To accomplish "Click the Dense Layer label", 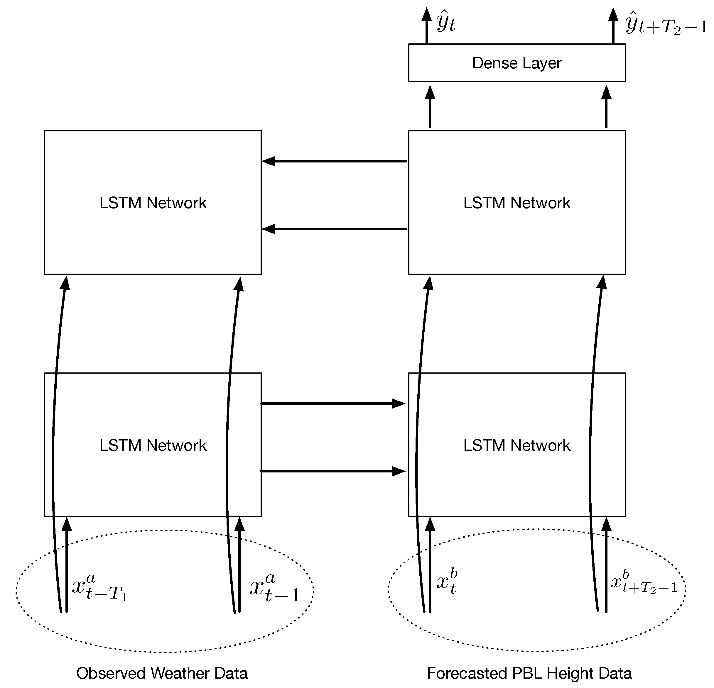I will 516,63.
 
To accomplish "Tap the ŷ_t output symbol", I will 446,23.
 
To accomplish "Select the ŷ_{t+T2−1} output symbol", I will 665,24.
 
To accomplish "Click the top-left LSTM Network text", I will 153,203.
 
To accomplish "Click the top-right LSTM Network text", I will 516,203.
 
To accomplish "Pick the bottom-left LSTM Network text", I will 153,445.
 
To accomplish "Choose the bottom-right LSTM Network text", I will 516,445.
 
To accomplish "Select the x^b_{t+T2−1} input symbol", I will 644,582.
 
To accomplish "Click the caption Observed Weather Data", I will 162,673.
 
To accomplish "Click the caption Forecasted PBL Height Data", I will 529,673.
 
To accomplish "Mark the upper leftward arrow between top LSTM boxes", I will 334,161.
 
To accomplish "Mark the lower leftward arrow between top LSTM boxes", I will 334,229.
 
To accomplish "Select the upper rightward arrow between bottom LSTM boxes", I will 333,403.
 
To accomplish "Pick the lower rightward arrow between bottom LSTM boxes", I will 333,471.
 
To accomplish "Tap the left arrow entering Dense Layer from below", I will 430,107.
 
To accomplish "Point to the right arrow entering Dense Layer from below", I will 606,107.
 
